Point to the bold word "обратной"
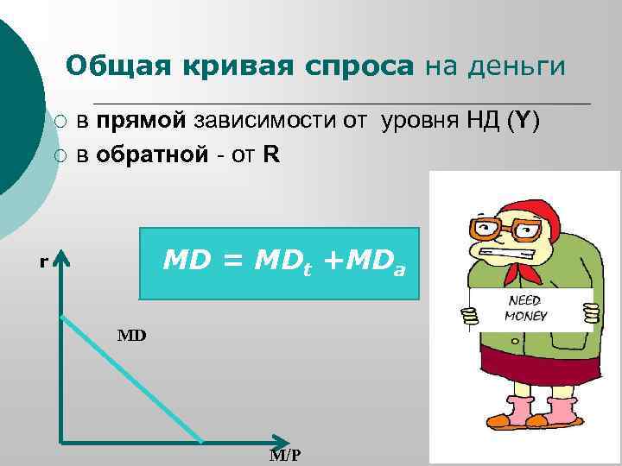tap(152, 155)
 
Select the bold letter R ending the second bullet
tap(270, 155)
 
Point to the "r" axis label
tap(43, 262)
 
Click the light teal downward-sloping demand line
tap(130, 380)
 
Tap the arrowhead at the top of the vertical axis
tap(61, 259)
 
